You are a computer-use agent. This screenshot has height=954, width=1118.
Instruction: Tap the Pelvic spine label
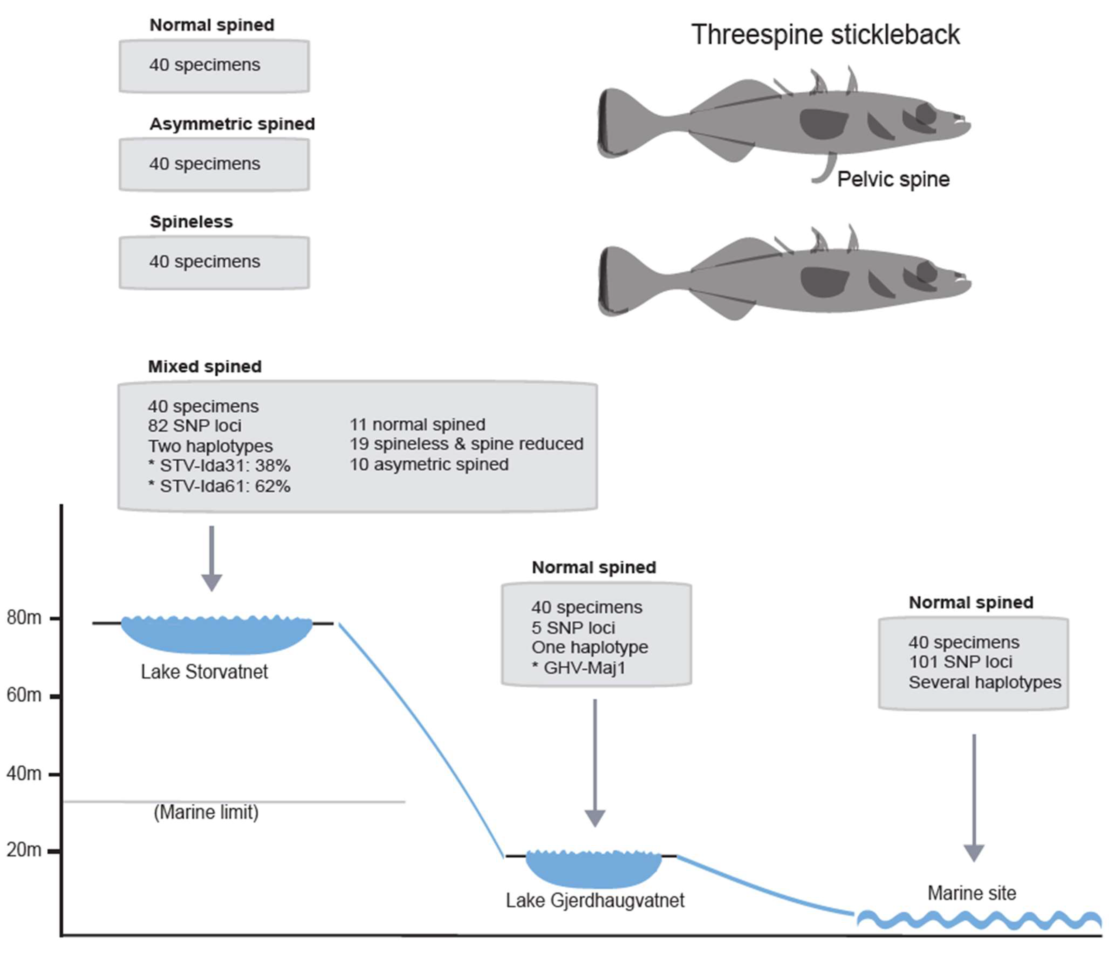point(893,179)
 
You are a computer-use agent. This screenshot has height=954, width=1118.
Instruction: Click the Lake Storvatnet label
point(204,672)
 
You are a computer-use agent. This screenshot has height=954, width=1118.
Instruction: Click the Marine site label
point(971,894)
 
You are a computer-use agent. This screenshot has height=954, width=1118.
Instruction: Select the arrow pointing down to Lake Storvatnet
point(211,559)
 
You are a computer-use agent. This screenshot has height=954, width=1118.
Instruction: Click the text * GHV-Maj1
point(578,668)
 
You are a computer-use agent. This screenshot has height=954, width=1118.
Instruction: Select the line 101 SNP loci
point(961,662)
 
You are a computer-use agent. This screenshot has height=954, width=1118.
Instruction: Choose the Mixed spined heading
point(205,366)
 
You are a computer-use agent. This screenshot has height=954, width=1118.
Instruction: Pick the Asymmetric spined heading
point(232,124)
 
